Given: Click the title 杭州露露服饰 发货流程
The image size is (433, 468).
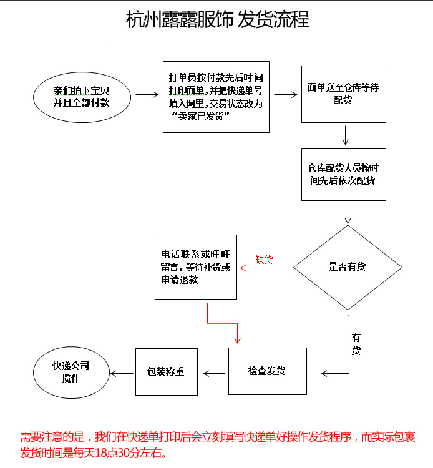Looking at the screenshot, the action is point(218,19).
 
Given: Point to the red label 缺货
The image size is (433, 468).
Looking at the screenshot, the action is point(264,260).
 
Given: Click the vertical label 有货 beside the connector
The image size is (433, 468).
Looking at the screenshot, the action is point(356,344).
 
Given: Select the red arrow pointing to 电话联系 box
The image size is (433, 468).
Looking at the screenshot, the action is point(261,268).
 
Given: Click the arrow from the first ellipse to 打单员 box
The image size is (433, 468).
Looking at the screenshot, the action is point(147,95).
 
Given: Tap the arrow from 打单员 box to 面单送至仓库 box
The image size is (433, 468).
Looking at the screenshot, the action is point(286,95).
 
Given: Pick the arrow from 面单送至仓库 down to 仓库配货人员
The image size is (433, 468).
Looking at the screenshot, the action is point(345,135).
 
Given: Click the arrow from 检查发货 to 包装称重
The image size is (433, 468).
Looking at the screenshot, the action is point(214,373).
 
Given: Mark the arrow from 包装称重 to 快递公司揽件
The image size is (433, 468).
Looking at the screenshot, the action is point(122,373).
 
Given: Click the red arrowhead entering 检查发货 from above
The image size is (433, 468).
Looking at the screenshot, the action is point(237,340).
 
